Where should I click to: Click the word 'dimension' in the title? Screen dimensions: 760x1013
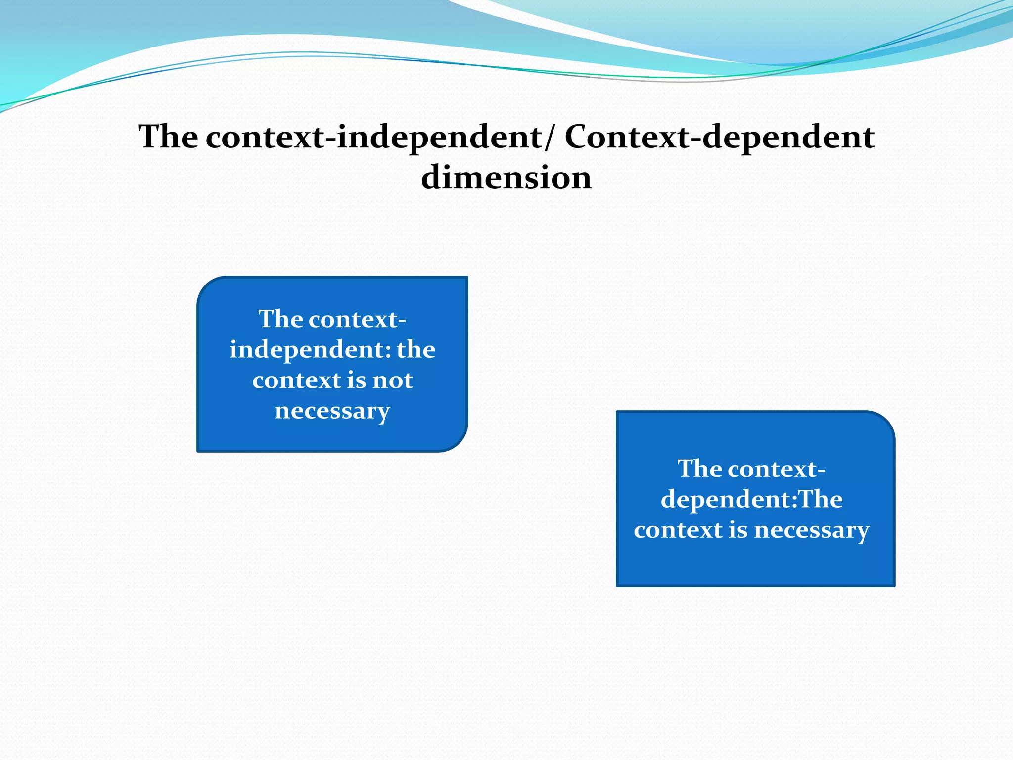[506, 177]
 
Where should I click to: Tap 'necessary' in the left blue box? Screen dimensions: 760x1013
[332, 411]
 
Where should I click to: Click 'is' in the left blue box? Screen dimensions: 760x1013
[356, 380]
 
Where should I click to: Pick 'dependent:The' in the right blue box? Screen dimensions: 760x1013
[751, 499]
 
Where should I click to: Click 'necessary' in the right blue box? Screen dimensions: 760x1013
[811, 530]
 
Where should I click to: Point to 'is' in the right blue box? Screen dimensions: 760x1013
[738, 530]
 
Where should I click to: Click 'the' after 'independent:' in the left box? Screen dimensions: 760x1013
[416, 349]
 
